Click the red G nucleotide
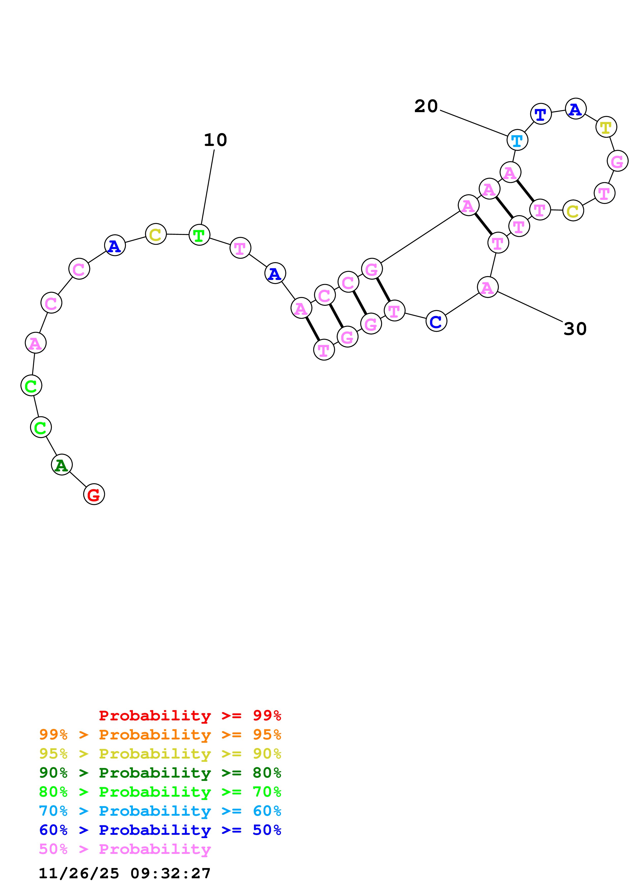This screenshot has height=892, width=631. tap(94, 494)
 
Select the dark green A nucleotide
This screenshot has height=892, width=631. tap(61, 465)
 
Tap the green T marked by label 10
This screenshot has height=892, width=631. tap(199, 235)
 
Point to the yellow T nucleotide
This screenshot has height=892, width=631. tap(606, 127)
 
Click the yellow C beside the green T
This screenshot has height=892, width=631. tap(156, 234)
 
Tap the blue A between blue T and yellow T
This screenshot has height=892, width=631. tap(576, 109)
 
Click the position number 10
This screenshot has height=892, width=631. tap(215, 140)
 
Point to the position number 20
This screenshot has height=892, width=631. tap(426, 106)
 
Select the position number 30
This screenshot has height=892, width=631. tap(575, 329)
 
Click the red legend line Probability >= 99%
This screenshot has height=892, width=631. tap(190, 716)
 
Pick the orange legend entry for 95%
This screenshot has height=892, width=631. tap(160, 735)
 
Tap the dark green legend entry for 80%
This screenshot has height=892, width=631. tap(160, 773)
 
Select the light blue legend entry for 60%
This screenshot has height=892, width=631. tap(160, 811)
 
